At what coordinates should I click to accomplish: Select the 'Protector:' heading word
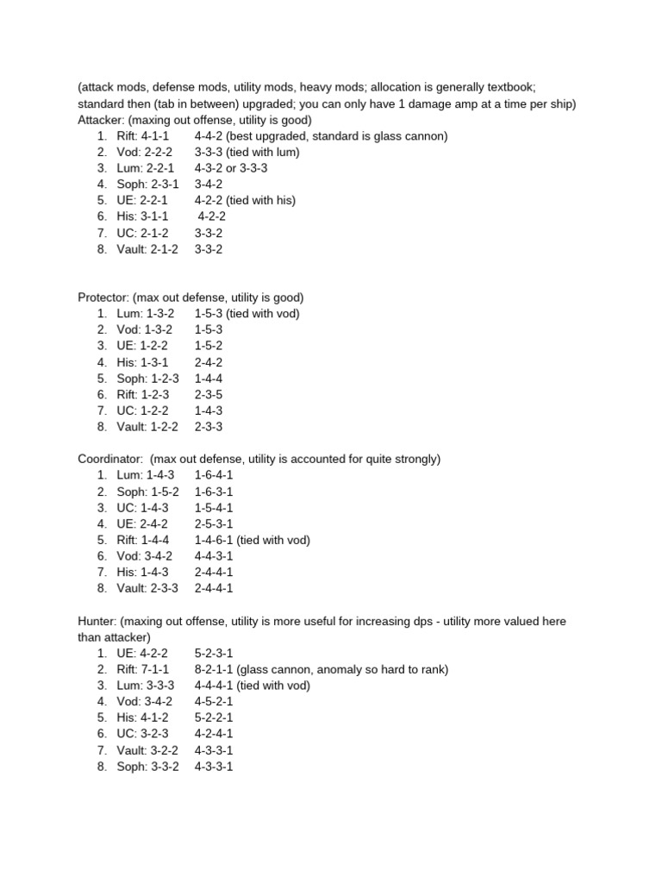pyautogui.click(x=104, y=297)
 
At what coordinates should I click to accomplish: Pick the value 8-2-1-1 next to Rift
pyautogui.click(x=214, y=669)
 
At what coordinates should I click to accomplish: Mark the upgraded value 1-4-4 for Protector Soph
pyautogui.click(x=209, y=378)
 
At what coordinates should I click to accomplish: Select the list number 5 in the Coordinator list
pyautogui.click(x=102, y=540)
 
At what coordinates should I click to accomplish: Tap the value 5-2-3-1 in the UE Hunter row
pyautogui.click(x=214, y=653)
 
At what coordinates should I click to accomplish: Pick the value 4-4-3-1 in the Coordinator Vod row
pyautogui.click(x=214, y=556)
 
